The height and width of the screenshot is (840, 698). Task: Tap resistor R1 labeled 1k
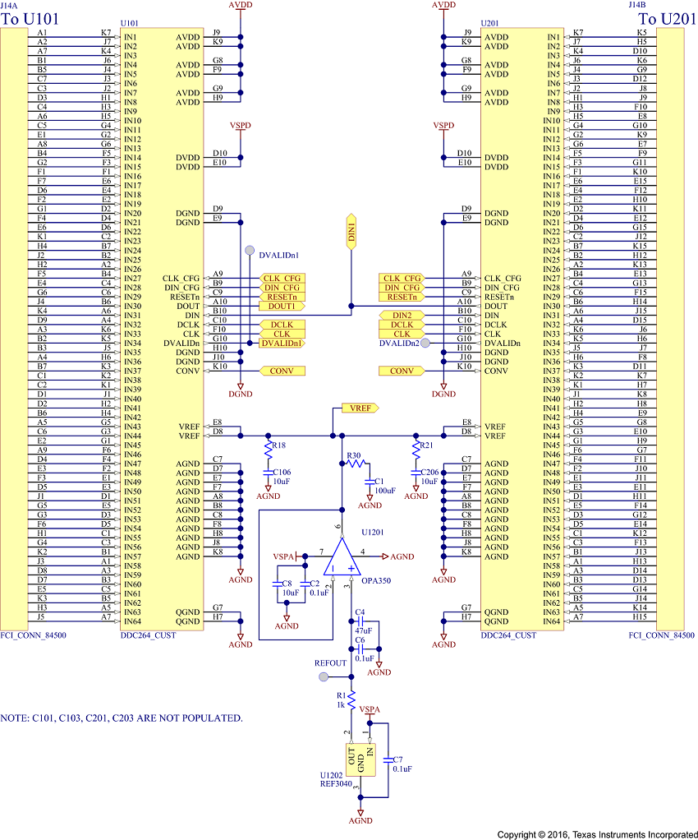(x=351, y=701)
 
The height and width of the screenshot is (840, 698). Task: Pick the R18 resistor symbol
(x=267, y=449)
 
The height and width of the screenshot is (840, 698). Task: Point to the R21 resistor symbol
(x=416, y=449)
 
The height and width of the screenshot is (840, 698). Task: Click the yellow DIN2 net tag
(x=402, y=315)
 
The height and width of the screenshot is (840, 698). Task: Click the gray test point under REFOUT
(x=324, y=677)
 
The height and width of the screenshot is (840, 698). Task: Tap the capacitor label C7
(x=397, y=759)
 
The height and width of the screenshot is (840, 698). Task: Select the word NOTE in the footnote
(x=18, y=718)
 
